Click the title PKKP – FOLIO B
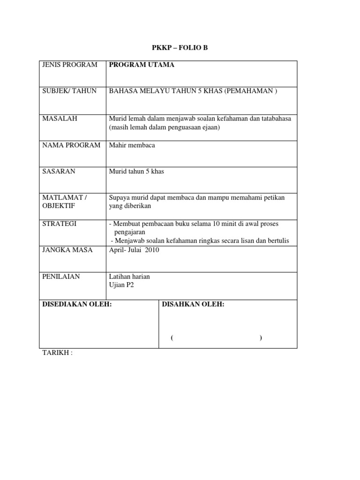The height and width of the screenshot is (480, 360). (x=180, y=48)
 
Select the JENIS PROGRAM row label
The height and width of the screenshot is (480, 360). (x=70, y=65)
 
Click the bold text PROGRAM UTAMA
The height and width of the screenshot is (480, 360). (x=142, y=65)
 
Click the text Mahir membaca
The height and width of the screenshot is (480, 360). (x=132, y=145)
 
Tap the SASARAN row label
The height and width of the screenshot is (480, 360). (x=59, y=172)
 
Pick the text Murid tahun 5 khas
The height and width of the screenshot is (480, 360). (x=136, y=172)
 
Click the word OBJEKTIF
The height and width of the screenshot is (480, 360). (x=58, y=206)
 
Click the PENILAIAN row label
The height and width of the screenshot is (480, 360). (x=61, y=277)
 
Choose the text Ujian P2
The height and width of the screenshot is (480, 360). (x=121, y=285)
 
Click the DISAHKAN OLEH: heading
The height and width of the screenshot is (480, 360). (x=193, y=305)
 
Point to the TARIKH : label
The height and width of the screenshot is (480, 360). (x=58, y=353)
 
